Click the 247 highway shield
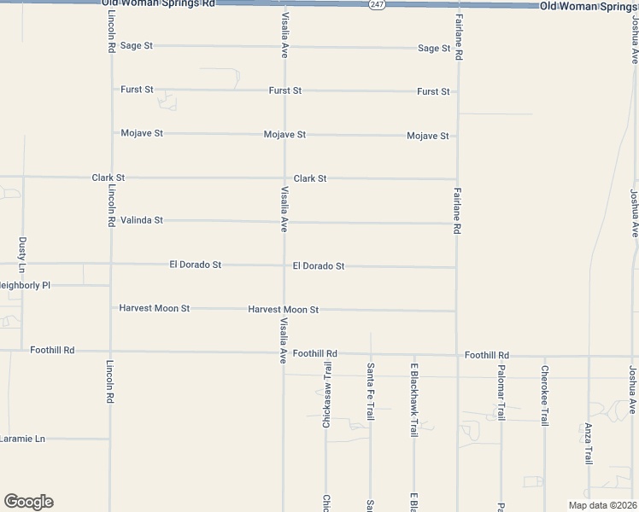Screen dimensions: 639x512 coord(377,5)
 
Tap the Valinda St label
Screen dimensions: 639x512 coord(141,220)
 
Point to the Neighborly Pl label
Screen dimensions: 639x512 coord(24,285)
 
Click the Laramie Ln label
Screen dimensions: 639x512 coord(21,439)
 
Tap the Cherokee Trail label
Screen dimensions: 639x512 coord(544,395)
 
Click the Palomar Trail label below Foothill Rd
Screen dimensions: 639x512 coord(501,394)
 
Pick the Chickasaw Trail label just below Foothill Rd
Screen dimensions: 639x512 coord(326,401)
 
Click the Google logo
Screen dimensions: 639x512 coord(28,502)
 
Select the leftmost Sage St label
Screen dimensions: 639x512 coord(136,45)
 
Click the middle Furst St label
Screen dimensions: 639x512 coord(284,90)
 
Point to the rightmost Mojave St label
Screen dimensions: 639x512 coord(428,136)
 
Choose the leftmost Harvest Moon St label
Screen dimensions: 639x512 coord(154,308)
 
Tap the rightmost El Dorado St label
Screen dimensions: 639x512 coord(318,266)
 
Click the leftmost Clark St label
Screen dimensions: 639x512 coord(108,178)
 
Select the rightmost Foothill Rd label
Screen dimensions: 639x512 coord(487,355)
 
